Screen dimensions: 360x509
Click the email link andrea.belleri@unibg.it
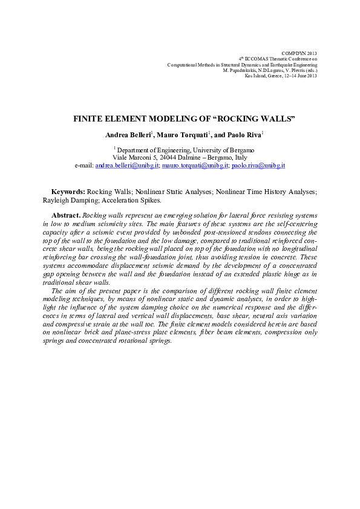point(126,164)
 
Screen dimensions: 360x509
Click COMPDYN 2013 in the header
point(299,53)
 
